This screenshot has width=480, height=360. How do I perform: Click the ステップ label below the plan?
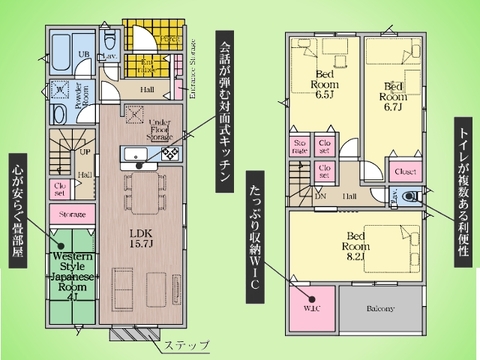tap(186, 345)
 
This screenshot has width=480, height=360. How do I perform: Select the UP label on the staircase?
tap(84, 153)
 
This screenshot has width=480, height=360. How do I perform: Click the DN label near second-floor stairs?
tap(319, 197)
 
